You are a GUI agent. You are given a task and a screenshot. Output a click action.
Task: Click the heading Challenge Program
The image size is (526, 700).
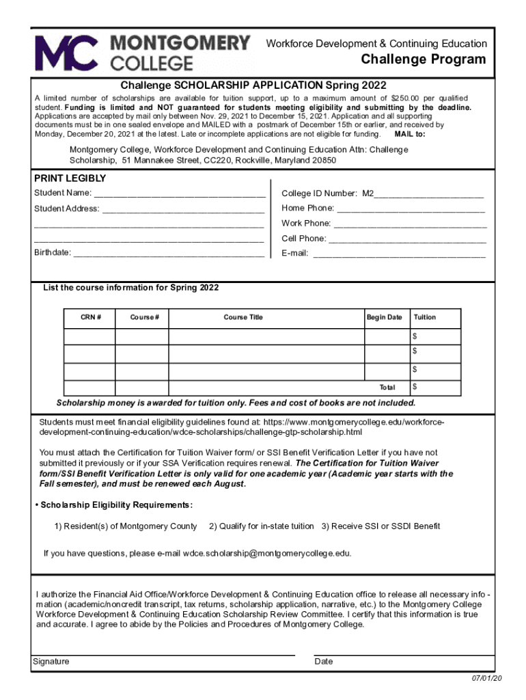(424, 59)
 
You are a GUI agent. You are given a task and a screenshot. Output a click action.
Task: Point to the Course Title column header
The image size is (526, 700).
(243, 317)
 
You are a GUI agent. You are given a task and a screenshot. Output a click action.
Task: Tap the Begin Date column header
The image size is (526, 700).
(384, 317)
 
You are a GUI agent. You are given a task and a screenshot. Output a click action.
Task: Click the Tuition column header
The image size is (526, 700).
(424, 317)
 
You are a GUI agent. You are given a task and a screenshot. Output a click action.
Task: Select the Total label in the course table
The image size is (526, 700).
(387, 388)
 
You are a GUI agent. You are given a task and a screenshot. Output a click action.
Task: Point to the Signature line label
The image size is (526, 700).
(51, 662)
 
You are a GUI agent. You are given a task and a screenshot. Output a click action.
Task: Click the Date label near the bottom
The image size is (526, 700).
(324, 662)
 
